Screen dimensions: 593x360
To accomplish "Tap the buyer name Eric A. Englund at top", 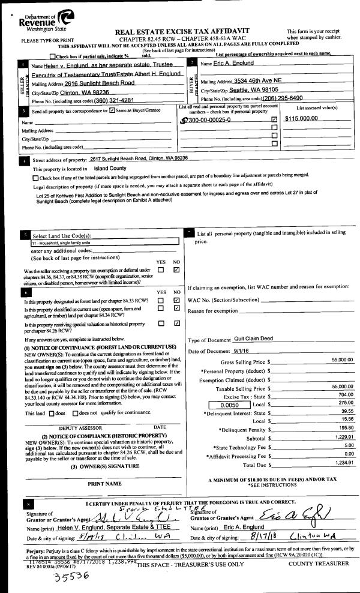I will pos(239,64).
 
